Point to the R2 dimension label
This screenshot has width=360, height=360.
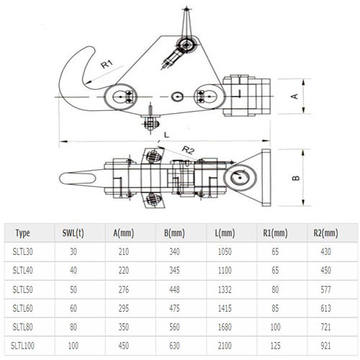tap(189, 150)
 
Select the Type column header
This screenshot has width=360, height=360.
tap(22, 233)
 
